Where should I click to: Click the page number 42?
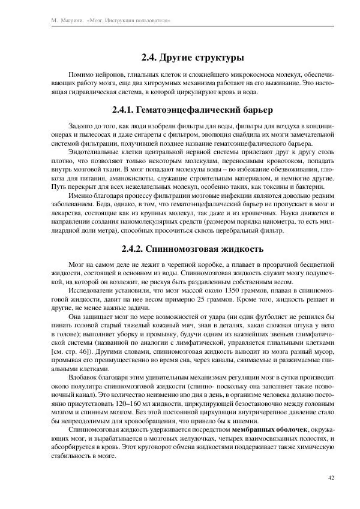(x=331, y=478)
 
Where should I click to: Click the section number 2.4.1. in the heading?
(x=122, y=110)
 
